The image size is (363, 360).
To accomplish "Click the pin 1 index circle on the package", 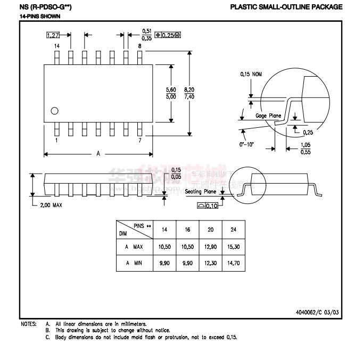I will tap(54, 111).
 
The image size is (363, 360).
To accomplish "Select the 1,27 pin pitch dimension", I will tap(53, 35).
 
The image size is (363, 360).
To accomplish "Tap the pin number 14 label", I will tap(56, 47).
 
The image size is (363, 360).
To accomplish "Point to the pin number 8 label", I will tap(139, 47).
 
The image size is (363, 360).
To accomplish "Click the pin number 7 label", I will tap(139, 141).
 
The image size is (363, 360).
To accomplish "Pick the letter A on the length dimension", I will tap(98, 153).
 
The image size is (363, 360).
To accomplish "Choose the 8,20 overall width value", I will tap(189, 89).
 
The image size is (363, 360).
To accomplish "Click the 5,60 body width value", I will tap(171, 89).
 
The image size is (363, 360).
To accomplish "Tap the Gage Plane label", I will tap(268, 116).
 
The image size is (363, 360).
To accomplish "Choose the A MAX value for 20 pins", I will tap(211, 247).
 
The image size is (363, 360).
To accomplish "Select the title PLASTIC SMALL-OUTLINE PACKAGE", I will tap(286, 7).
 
